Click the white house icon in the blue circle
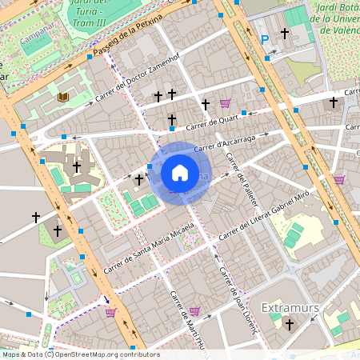180,173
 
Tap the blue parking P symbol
265,39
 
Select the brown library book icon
63,98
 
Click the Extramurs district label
290,307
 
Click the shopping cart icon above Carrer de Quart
225,103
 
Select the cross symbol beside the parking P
285,34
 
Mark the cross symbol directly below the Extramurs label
290,325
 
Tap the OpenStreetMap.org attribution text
80,354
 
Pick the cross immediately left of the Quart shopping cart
206,104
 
